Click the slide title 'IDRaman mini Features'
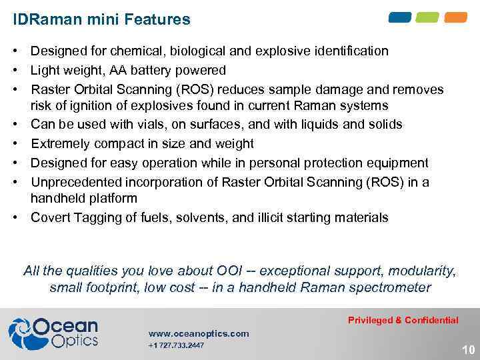coord(101,19)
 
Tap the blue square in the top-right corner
coord(400,17)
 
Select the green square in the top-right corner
coord(428,17)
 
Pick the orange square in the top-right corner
coord(456,17)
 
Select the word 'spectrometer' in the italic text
coord(396,288)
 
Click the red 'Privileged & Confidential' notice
coord(403,320)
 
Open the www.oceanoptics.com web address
coord(199,333)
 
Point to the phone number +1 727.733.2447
coord(176,345)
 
